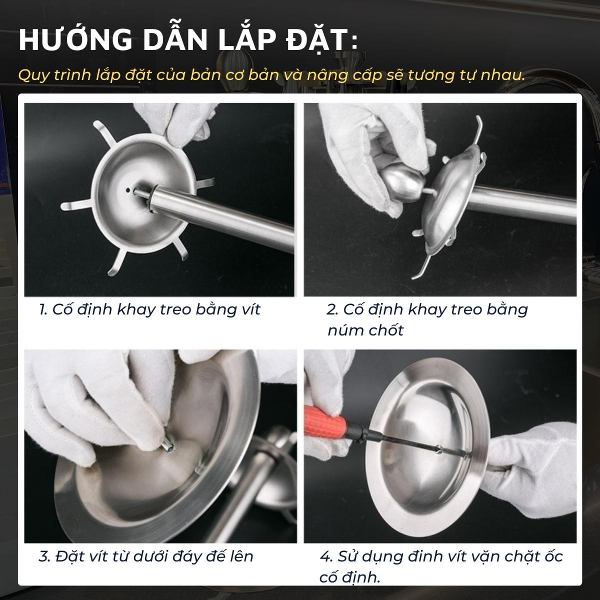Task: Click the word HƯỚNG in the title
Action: [76, 39]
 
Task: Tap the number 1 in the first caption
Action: [42, 310]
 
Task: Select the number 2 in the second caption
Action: [331, 310]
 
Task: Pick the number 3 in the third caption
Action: [43, 556]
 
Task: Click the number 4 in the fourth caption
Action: [325, 556]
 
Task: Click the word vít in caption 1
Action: [249, 309]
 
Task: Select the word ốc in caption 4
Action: [554, 556]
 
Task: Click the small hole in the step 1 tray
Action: [128, 189]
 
